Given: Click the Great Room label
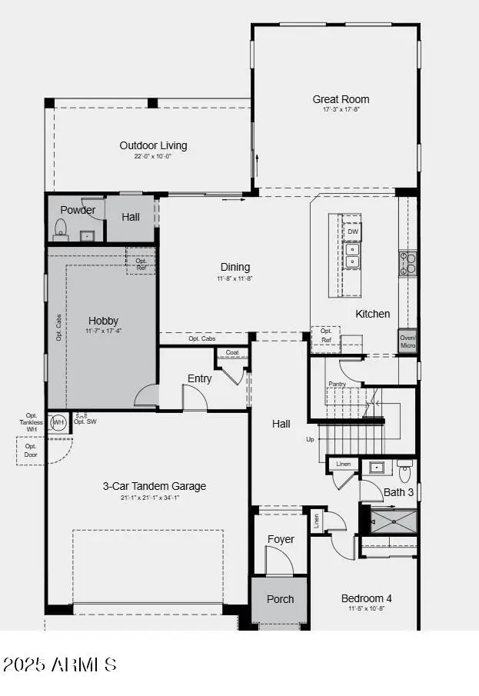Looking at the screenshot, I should tap(341, 99).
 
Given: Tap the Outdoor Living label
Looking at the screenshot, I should tap(153, 145).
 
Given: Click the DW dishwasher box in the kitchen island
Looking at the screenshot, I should tap(352, 231).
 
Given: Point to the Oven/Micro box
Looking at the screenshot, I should tap(407, 341).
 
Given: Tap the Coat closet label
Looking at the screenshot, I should tap(232, 353).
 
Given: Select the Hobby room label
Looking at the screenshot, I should tap(103, 321).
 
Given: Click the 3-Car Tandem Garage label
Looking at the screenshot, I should tap(155, 486).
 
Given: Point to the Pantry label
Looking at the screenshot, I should tap(337, 384).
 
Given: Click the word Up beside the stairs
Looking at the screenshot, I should tap(310, 440).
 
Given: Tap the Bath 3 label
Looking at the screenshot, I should tap(398, 492).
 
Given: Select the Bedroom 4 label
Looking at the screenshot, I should tap(368, 598).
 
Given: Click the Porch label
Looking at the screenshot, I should tap(280, 599).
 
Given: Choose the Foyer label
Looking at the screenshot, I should tap(281, 539).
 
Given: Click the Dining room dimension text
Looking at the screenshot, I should tap(235, 278).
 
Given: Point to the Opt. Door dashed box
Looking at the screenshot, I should tap(31, 451).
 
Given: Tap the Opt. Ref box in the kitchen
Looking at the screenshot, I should tap(326, 335).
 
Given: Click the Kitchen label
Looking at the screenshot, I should tap(372, 314).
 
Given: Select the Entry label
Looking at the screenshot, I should tap(200, 378).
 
